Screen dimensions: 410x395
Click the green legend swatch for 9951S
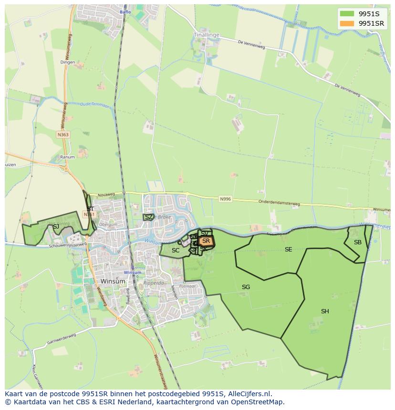(x=347, y=14)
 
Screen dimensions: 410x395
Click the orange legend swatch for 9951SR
(x=347, y=23)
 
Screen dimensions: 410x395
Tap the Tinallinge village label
(x=207, y=35)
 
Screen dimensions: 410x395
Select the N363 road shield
(x=63, y=135)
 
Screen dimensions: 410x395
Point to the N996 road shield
(x=225, y=199)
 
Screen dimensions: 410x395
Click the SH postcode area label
(x=325, y=311)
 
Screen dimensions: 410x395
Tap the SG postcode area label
(x=246, y=287)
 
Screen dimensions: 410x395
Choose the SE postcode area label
(x=288, y=250)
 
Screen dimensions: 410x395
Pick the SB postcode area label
(x=357, y=242)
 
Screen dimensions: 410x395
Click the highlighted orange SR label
(x=206, y=241)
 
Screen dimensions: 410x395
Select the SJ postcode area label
(x=56, y=227)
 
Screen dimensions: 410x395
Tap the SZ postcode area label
(x=149, y=217)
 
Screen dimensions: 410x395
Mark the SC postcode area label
(x=176, y=250)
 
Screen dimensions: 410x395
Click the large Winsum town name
(x=113, y=281)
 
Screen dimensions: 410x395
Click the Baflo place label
(x=125, y=12)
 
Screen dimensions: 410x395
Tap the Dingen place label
(x=68, y=62)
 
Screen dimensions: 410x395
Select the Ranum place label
(x=67, y=157)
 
